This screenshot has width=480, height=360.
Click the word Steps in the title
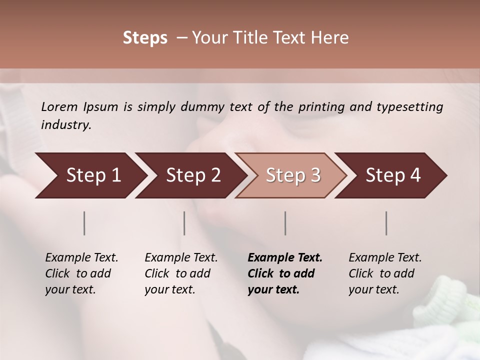[x=145, y=38]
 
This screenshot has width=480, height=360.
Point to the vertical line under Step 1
[x=84, y=223]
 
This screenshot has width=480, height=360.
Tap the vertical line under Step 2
[x=184, y=223]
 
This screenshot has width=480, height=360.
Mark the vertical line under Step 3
[x=285, y=223]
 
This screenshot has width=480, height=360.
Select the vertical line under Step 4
[x=386, y=223]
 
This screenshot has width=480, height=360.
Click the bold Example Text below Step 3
[x=285, y=273]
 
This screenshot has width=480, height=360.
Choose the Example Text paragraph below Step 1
[x=81, y=273]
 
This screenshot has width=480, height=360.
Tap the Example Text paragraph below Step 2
[x=181, y=273]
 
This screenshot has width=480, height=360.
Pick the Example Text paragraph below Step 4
[x=385, y=273]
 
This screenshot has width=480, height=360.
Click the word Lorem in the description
[x=59, y=107]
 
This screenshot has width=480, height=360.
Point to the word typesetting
[x=409, y=107]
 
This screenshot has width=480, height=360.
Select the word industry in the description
[x=65, y=125]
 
